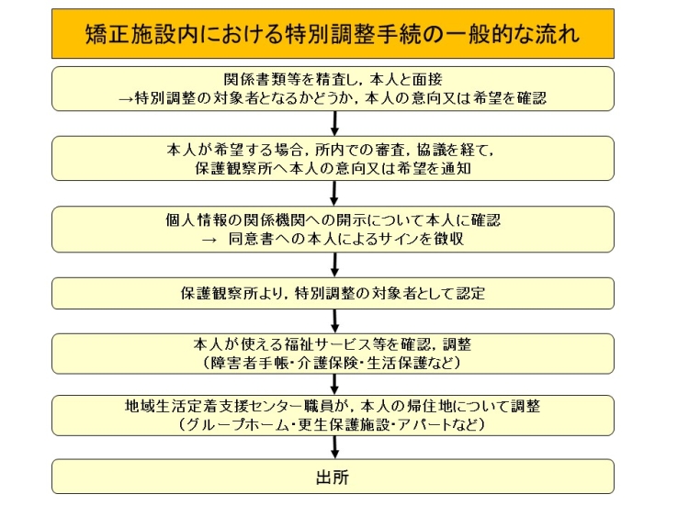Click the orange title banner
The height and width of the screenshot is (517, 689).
click(x=333, y=34)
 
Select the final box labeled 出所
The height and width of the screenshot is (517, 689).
click(x=333, y=477)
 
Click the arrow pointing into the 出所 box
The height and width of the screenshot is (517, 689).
click(x=334, y=447)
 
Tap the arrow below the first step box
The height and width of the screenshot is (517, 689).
click(x=334, y=123)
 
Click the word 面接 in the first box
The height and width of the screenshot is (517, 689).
click(x=427, y=80)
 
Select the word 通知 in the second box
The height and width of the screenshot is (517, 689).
click(x=457, y=169)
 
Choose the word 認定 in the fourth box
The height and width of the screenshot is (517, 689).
click(x=470, y=293)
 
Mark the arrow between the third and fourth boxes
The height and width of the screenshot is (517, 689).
click(x=334, y=264)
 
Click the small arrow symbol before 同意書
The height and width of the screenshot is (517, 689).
click(x=209, y=240)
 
